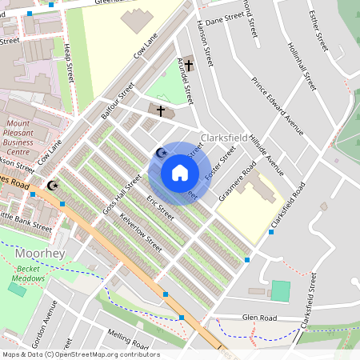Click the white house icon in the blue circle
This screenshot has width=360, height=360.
[x=180, y=172]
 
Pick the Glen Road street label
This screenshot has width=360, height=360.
[x=261, y=317]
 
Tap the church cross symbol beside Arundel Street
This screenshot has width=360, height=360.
[x=189, y=66]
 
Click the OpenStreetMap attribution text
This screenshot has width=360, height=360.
[x=80, y=354]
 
